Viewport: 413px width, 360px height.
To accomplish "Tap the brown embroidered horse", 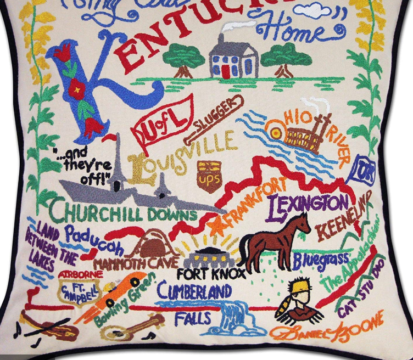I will (274, 239).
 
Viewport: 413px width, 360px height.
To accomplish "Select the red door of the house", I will (225, 71).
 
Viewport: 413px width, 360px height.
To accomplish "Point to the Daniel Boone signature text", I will (327, 330).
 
